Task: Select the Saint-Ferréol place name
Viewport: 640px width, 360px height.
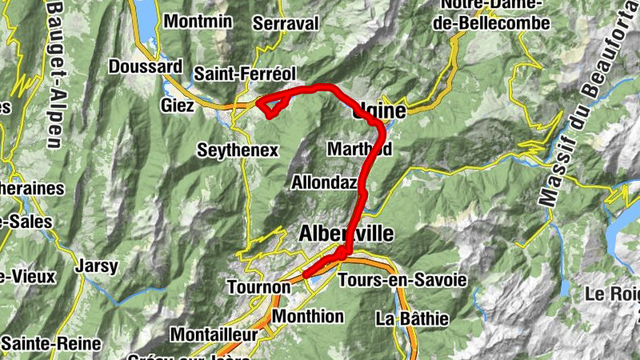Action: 245,74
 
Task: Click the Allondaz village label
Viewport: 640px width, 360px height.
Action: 323,182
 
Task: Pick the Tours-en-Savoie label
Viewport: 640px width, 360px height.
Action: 402,281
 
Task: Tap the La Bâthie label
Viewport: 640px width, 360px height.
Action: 412,318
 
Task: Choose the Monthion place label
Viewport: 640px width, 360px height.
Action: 308,316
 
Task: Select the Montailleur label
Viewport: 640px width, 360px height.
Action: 217,334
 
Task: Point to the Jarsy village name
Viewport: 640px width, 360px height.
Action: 97,266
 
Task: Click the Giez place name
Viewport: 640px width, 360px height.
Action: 177,106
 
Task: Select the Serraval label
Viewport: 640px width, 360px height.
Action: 286,24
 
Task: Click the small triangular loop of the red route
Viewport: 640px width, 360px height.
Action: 270,105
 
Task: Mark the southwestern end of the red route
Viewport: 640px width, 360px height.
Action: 306,276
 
